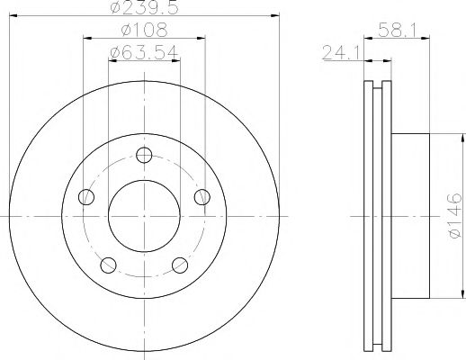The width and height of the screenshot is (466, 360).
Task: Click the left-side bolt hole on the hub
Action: coord(86,197)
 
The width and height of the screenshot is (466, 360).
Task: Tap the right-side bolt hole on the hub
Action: coord(202,197)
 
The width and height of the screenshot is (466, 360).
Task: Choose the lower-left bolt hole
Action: coord(109,264)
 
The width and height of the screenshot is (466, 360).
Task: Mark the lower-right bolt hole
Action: coord(179,264)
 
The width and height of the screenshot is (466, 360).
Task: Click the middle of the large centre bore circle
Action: coord(144,216)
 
